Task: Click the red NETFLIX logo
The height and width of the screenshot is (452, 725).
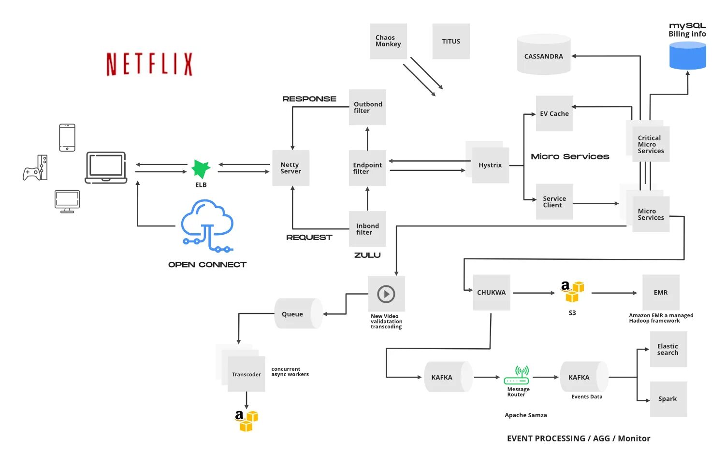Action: (x=149, y=64)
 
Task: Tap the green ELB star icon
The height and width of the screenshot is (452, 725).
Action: (x=201, y=169)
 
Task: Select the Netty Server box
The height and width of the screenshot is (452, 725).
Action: (x=290, y=168)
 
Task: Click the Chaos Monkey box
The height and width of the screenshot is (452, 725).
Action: (x=388, y=41)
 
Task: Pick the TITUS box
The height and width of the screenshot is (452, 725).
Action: (x=451, y=42)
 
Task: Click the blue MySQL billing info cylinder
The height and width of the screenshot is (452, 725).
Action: (x=687, y=56)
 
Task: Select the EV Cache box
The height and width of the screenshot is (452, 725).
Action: (x=554, y=113)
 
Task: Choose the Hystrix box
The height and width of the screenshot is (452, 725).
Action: (x=490, y=165)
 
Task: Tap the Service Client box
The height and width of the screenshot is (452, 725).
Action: (x=554, y=202)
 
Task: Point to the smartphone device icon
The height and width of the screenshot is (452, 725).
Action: (x=67, y=138)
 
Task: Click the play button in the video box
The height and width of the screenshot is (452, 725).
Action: (x=386, y=294)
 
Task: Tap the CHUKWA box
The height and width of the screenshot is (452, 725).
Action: (x=492, y=293)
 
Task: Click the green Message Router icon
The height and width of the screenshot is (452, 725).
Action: (x=517, y=375)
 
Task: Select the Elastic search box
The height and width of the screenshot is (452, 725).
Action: (x=668, y=350)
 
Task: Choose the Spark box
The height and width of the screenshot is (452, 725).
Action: (x=668, y=399)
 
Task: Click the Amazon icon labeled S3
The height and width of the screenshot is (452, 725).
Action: (x=572, y=292)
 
